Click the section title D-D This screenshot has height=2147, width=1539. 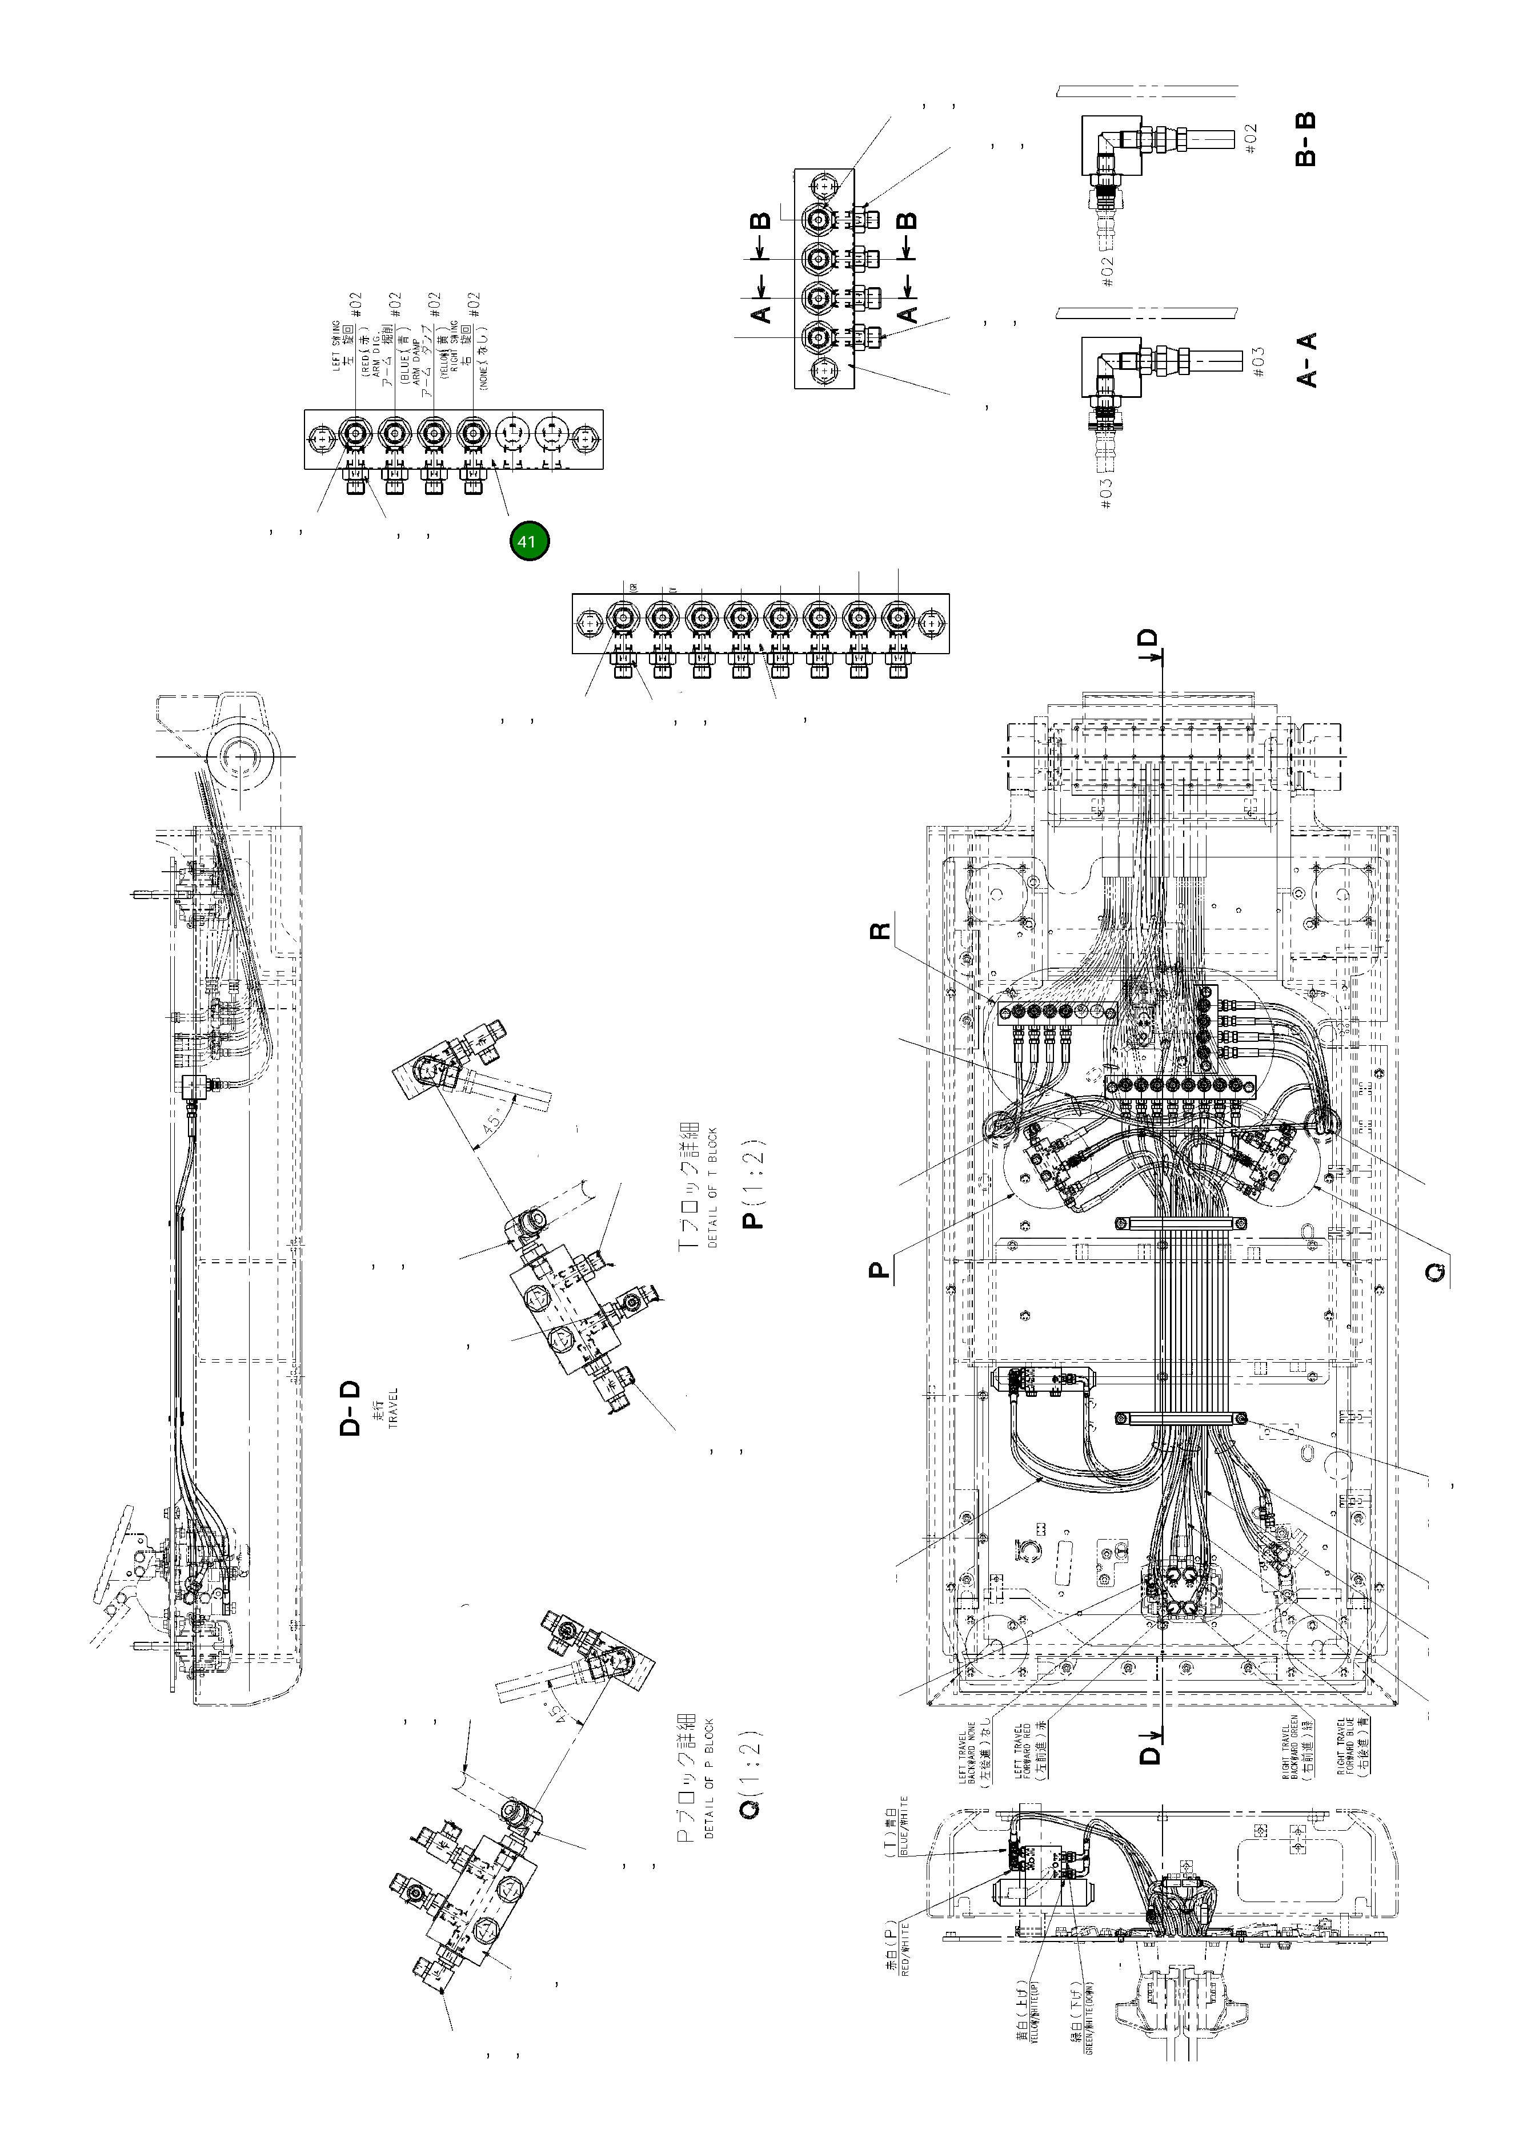point(350,1408)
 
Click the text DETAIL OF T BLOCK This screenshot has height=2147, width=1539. point(712,1188)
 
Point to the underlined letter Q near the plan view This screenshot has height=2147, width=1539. point(1436,1271)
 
